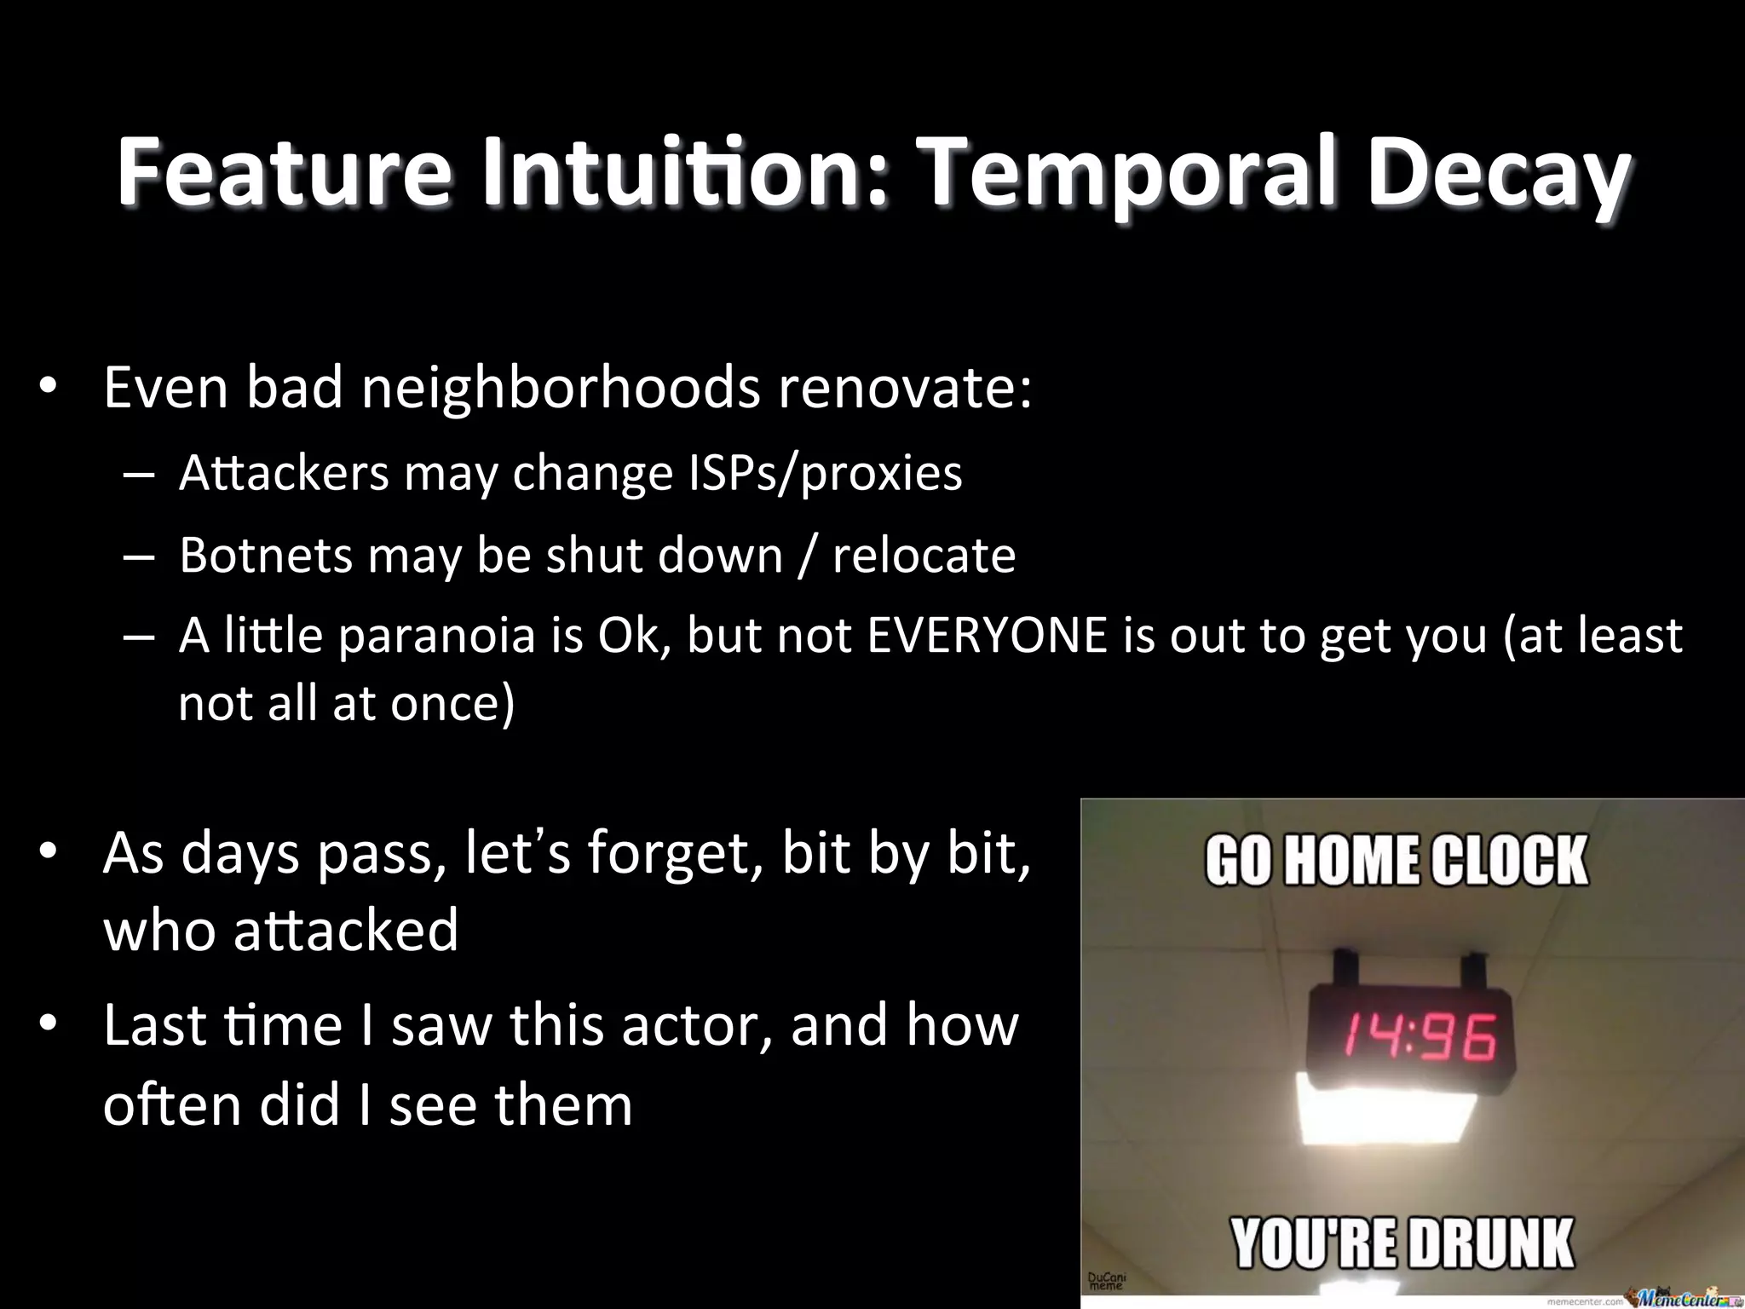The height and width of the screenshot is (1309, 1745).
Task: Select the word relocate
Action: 924,555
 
